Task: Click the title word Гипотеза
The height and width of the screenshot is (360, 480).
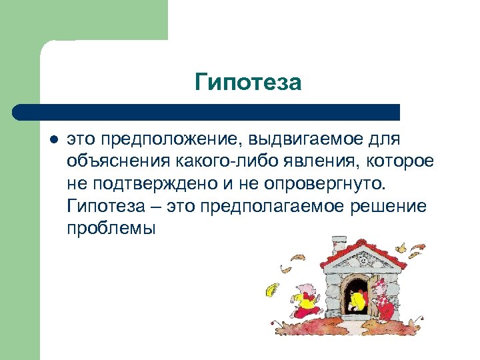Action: point(248,83)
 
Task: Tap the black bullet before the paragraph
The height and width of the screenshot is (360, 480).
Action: point(53,140)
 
